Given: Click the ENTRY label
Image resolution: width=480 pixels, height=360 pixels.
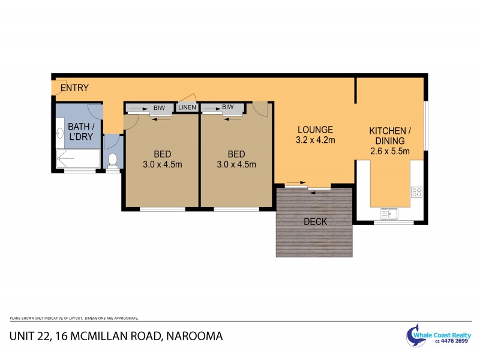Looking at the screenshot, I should (74, 88).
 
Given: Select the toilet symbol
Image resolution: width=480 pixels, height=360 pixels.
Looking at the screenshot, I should (112, 160).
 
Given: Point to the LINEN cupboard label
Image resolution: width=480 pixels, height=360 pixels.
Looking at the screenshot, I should (187, 108).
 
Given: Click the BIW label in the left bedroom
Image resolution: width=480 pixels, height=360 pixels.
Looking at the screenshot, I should (159, 107).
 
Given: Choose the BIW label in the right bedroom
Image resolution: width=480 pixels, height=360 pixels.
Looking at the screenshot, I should (227, 107).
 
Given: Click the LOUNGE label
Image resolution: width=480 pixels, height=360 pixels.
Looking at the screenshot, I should (314, 130).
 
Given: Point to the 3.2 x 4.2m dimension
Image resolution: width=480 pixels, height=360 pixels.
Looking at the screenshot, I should (314, 140).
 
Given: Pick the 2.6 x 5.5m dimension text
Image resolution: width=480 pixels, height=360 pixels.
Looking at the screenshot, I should (390, 152).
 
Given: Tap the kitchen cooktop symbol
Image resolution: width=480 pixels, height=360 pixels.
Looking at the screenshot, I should (416, 193).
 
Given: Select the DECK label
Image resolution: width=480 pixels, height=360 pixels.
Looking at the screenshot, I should (315, 222).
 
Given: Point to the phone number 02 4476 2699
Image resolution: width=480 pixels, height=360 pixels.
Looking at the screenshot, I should (452, 341).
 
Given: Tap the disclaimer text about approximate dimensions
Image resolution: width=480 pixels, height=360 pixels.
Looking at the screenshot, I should (74, 318).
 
